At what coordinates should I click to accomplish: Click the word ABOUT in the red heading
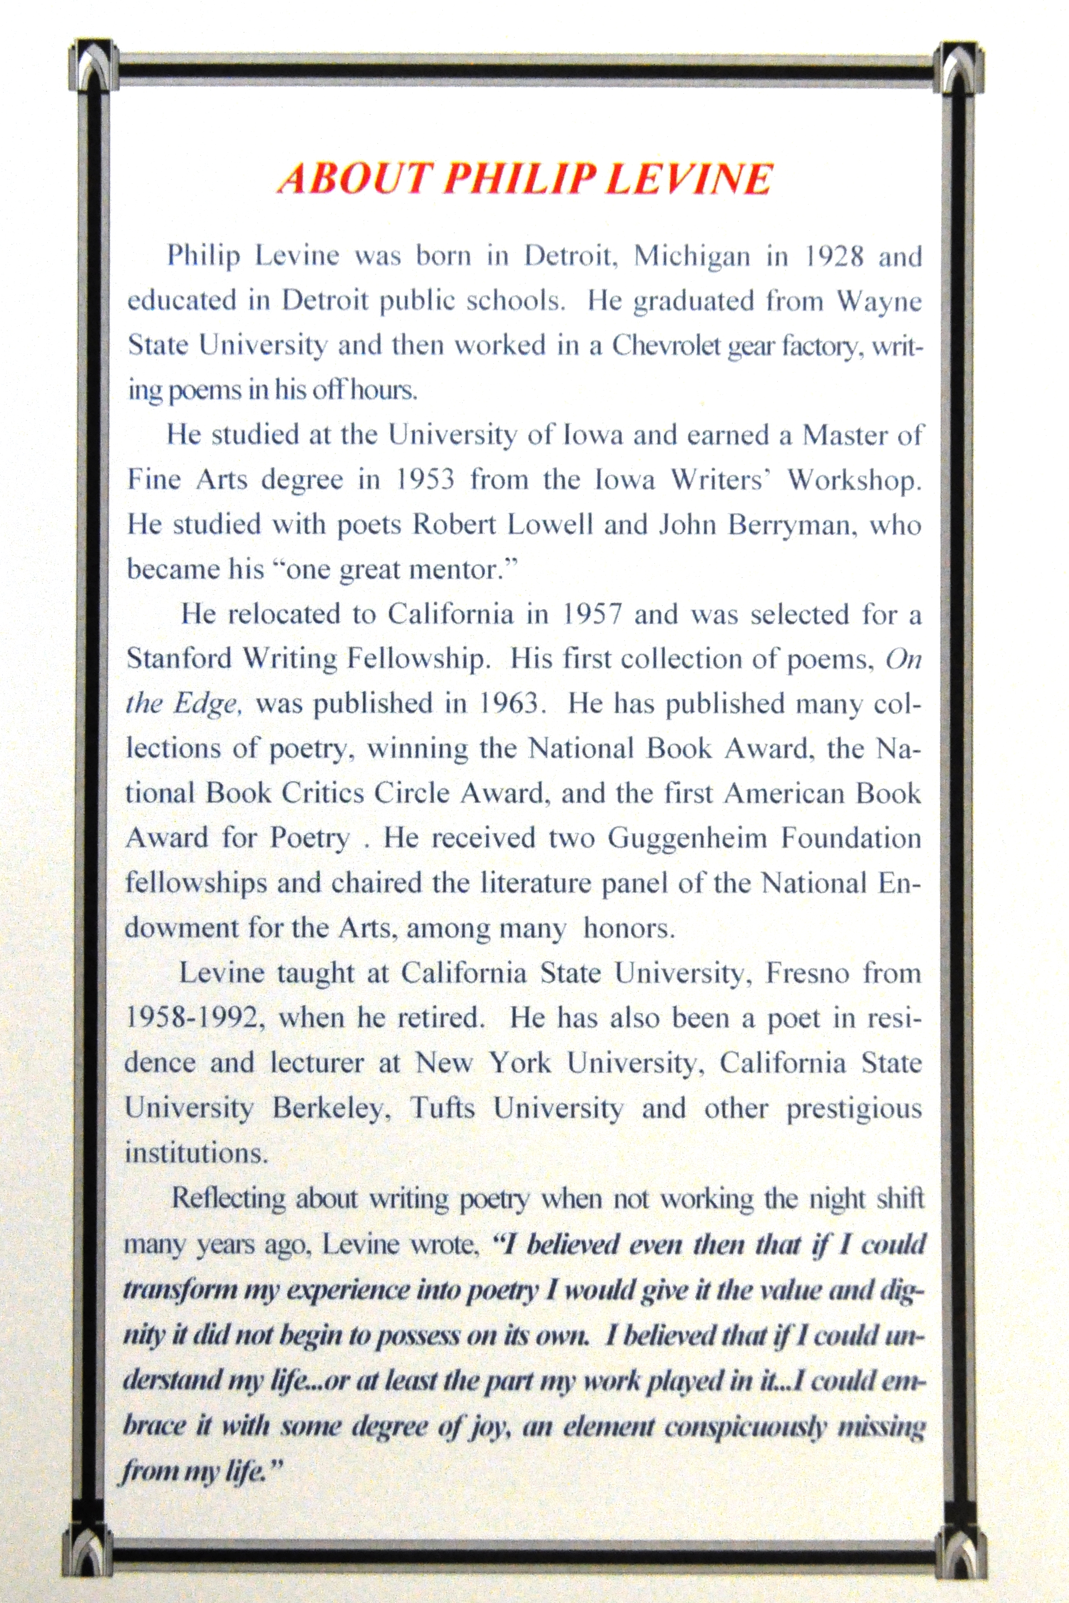point(354,179)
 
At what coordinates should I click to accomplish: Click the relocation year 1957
point(593,615)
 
